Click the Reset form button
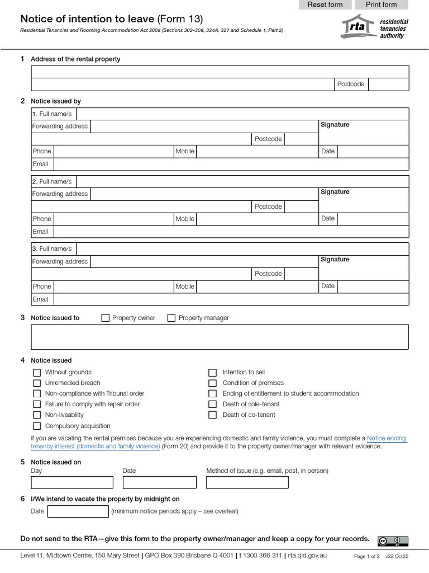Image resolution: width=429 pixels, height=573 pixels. (x=325, y=5)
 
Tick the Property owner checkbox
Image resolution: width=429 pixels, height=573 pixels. (x=106, y=318)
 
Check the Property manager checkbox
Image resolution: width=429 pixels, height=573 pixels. (x=171, y=318)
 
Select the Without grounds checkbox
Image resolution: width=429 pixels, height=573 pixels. (x=37, y=372)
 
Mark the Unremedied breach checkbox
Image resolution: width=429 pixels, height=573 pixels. (x=37, y=383)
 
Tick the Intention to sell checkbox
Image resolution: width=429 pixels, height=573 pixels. (x=212, y=372)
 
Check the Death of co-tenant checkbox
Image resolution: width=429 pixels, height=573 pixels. (x=212, y=415)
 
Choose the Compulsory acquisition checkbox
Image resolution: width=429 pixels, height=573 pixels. (x=37, y=426)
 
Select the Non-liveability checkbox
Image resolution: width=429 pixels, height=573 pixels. (x=37, y=415)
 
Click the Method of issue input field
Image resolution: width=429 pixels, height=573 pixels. (x=247, y=482)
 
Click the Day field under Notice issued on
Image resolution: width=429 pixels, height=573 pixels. (x=72, y=482)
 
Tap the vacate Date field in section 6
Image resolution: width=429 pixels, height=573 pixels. (x=78, y=511)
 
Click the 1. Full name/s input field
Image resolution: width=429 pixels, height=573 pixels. (x=242, y=114)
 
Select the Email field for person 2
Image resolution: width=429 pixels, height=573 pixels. (x=231, y=232)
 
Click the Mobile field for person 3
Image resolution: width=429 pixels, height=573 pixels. (x=257, y=286)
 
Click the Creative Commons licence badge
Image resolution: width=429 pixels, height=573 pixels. (x=393, y=541)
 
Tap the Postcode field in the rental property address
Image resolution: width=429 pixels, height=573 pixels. (x=388, y=84)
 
